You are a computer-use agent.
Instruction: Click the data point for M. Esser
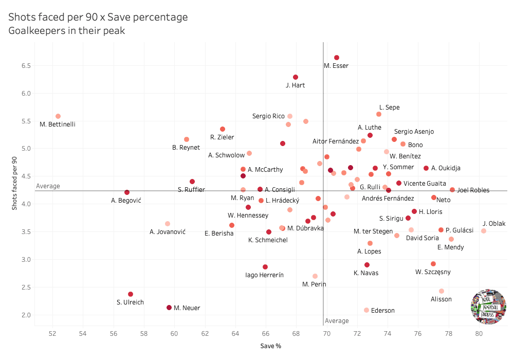pos(337,58)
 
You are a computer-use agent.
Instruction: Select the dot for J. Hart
pos(296,77)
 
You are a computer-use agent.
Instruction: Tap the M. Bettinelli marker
pos(58,116)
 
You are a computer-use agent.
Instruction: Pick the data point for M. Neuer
pos(169,308)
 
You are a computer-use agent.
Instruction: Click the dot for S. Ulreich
pos(131,294)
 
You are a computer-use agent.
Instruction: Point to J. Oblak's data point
pos(484,231)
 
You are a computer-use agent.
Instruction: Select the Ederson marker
pos(366,310)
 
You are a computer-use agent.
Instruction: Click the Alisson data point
pos(442,291)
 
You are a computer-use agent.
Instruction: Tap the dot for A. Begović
pos(127,192)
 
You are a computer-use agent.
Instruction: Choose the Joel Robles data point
pos(452,190)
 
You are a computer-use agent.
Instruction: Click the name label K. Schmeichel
pos(268,240)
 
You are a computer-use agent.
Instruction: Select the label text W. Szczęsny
pos(433,272)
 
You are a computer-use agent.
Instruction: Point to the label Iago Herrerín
pos(265,275)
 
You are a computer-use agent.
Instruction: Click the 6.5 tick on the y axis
pos(26,66)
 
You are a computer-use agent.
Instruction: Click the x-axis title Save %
pos(270,346)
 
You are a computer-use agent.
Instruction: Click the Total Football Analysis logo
pos(488,307)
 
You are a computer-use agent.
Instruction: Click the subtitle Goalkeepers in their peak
pos(67,31)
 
